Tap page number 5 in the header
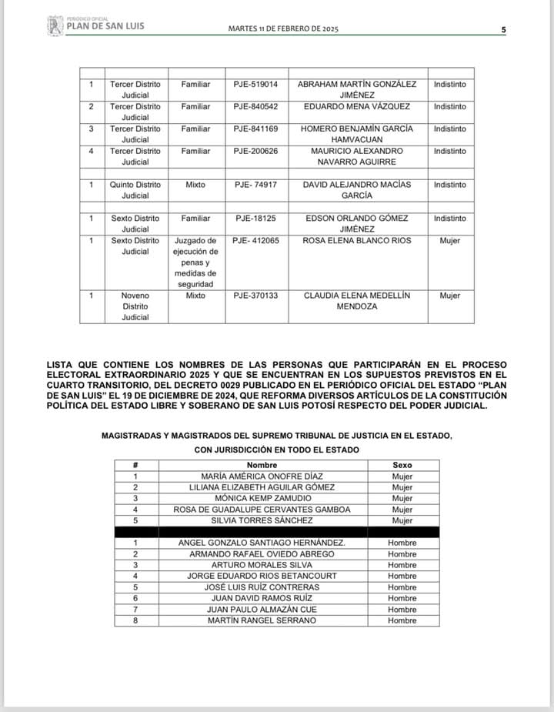tap(503, 29)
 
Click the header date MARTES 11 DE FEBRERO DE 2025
tap(283, 28)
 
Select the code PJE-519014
tap(256, 84)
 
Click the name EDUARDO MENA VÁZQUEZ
tap(356, 106)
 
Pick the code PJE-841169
tap(256, 129)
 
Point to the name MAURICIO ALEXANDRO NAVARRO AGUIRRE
tap(356, 156)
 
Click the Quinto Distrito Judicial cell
tap(135, 190)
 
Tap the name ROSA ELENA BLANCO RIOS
tap(356, 241)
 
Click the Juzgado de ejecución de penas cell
tap(195, 262)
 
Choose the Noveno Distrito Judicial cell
tap(135, 306)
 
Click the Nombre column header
tap(262, 466)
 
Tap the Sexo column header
tap(402, 466)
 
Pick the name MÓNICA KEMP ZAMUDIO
tap(262, 499)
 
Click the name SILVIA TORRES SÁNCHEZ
tap(262, 521)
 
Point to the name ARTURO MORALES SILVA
tap(262, 565)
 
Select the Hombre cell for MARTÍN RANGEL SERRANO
tap(402, 620)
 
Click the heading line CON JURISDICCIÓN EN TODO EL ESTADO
tap(276, 450)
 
